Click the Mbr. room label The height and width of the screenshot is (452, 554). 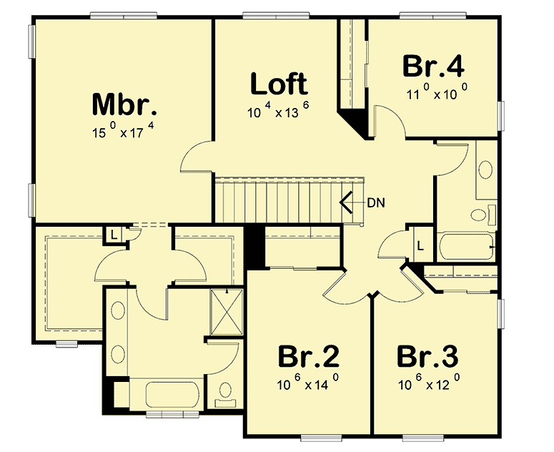(x=124, y=105)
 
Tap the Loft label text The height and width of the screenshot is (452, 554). (x=279, y=84)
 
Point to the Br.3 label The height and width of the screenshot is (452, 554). (x=428, y=357)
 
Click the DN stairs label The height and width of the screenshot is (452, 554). (x=376, y=202)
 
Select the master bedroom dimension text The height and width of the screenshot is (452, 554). (x=124, y=132)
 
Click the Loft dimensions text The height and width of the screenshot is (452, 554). (x=278, y=112)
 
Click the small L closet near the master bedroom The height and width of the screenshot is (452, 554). (x=115, y=233)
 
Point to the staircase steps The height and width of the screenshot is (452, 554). (x=279, y=202)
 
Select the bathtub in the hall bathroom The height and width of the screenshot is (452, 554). (x=465, y=247)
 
